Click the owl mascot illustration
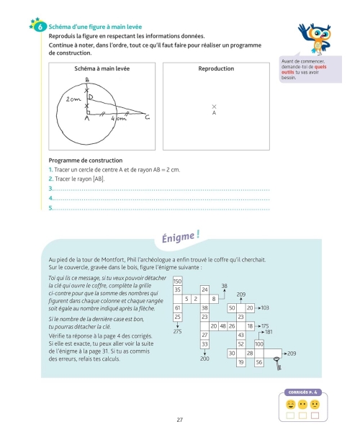315,38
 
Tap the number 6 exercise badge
40,27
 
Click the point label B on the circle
87,80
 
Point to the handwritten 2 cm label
73,99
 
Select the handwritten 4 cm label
119,119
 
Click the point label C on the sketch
148,117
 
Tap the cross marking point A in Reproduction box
214,107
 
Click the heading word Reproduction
216,68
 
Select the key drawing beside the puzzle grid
278,363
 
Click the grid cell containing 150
177,281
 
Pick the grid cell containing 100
259,344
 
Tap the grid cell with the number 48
222,326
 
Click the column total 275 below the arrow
177,331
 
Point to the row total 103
265,308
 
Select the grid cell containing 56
259,362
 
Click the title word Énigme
177,238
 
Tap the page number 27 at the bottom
179,420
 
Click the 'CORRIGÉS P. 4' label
302,392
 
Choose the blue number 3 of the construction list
50,189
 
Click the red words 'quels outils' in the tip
304,69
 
